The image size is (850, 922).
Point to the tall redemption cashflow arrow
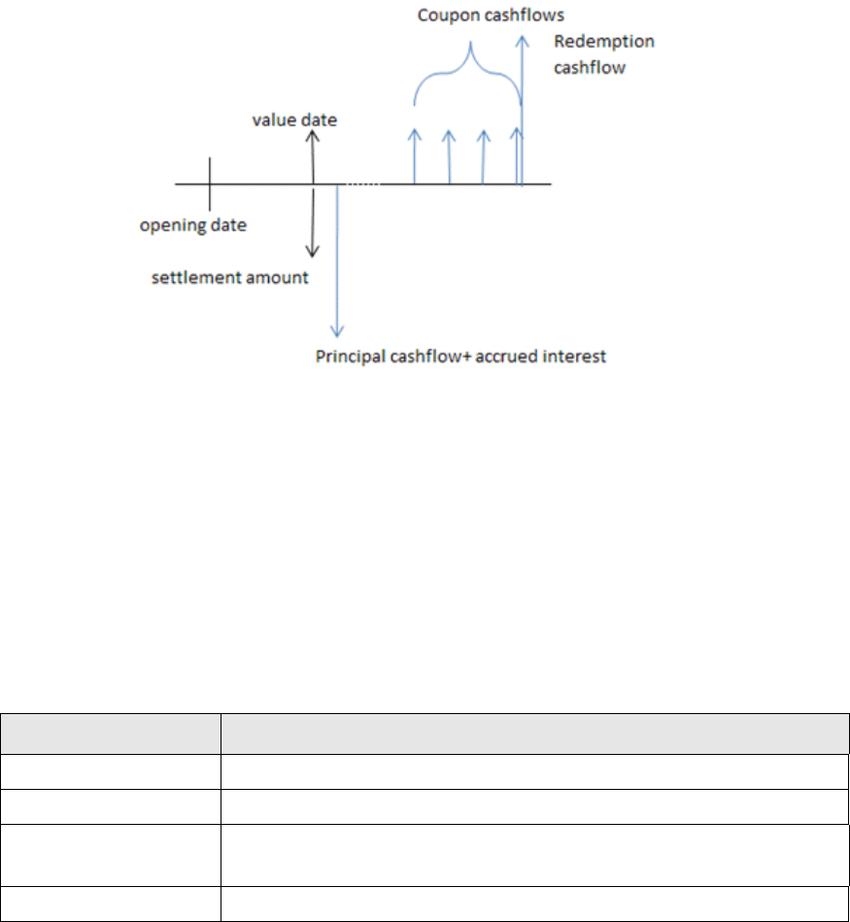[523, 107]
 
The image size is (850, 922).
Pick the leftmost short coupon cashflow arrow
[415, 155]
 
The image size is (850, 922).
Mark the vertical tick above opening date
[209, 183]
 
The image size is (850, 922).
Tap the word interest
[578, 357]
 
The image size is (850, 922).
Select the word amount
[278, 278]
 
